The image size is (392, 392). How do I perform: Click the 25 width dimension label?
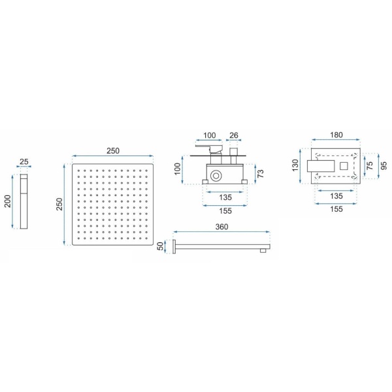click(24, 161)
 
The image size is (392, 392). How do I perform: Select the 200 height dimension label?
click(8, 201)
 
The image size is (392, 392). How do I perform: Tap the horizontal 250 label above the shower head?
click(113, 151)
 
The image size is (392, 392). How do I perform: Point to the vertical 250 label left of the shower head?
click(59, 204)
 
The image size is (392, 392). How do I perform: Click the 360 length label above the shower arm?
click(221, 227)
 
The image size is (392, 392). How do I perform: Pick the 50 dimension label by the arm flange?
click(161, 246)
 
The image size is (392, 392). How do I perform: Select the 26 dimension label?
click(234, 135)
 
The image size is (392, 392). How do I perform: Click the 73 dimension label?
click(260, 174)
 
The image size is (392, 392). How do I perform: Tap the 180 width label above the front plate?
click(336, 135)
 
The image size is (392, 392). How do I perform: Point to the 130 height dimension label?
click(295, 165)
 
